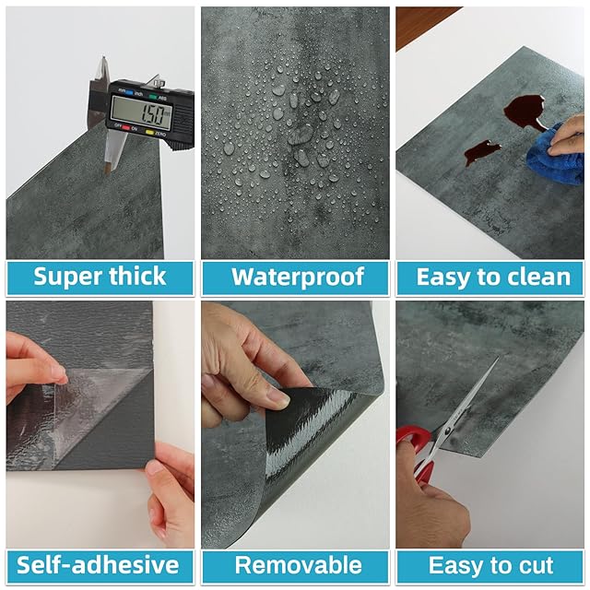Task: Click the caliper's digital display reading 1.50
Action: (x=141, y=111)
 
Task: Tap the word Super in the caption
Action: (x=65, y=277)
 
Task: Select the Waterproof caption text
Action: (x=298, y=277)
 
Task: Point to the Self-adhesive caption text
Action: (x=98, y=565)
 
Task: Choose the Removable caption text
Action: (x=298, y=565)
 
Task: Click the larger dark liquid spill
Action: (x=524, y=111)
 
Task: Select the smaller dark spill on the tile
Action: (x=480, y=151)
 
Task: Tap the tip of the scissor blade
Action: (x=498, y=359)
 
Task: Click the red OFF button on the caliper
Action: (x=125, y=128)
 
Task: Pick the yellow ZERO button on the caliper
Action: (x=149, y=132)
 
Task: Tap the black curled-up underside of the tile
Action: (x=309, y=432)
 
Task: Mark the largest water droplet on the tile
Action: (x=301, y=135)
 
